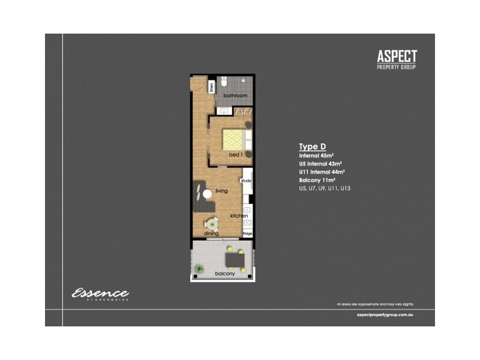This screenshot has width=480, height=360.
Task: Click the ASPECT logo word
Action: tap(397, 57)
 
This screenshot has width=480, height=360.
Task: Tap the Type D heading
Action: tap(312, 146)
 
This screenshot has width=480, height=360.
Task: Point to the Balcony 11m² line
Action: tap(317, 180)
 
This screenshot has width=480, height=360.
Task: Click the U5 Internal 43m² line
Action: tap(320, 163)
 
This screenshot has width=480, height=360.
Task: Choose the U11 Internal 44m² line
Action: tap(322, 172)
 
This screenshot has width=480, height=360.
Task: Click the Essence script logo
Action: tap(100, 294)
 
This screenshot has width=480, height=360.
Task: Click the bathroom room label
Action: tap(235, 96)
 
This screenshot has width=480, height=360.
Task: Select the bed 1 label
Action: tap(235, 155)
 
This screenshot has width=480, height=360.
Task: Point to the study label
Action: tap(246, 181)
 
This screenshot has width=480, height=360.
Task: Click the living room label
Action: tap(221, 191)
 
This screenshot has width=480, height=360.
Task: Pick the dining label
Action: tap(211, 233)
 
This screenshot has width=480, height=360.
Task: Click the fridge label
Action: tap(247, 233)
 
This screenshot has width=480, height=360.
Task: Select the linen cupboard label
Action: tap(212, 88)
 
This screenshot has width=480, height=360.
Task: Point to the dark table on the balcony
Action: tap(233, 259)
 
